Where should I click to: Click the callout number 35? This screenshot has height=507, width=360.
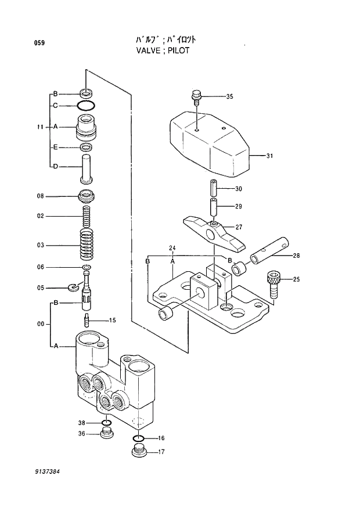tap(229, 96)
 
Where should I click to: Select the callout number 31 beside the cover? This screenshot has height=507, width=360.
tap(269, 156)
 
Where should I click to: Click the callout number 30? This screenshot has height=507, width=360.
tap(238, 189)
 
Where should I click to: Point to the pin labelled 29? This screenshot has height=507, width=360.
tap(213, 206)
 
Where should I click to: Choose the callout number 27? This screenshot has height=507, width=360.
tap(238, 227)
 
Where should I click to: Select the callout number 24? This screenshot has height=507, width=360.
tap(172, 249)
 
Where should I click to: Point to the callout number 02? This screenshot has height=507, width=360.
tap(40, 216)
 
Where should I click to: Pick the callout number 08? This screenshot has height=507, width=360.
tap(40, 196)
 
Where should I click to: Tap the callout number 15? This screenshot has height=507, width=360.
tap(112, 320)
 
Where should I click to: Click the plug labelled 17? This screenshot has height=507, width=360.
tap(139, 451)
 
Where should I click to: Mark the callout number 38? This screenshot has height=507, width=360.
tap(81, 422)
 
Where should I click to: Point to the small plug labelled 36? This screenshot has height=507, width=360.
tap(106, 433)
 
